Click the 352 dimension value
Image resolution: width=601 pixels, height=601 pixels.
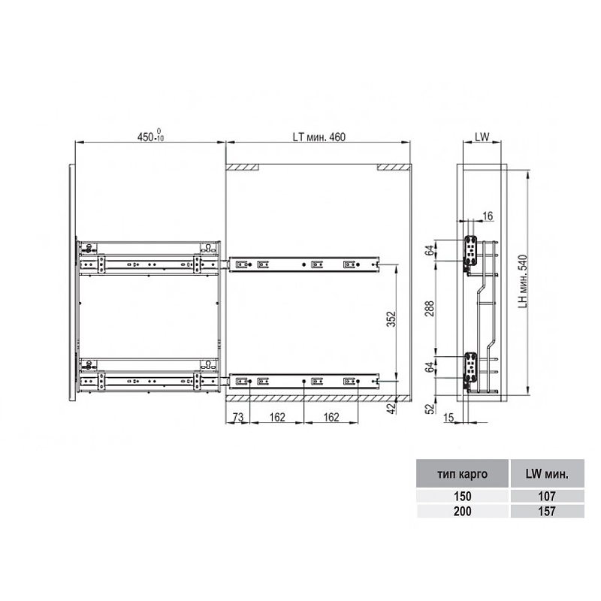[x=391, y=319]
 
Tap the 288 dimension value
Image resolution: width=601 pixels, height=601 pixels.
[x=430, y=309]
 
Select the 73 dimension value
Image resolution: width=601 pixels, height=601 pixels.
[x=238, y=418]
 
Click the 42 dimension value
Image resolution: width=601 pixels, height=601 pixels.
[x=391, y=409]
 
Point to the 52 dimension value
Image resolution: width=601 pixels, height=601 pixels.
[x=430, y=409]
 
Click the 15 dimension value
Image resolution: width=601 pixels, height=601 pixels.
[x=448, y=418]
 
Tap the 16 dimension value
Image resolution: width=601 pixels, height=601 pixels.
[x=488, y=216]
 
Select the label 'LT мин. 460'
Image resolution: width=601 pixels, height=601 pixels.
[x=319, y=137]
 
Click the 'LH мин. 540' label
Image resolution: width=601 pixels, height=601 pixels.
[x=523, y=282]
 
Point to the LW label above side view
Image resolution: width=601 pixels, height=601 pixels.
[x=482, y=137]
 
